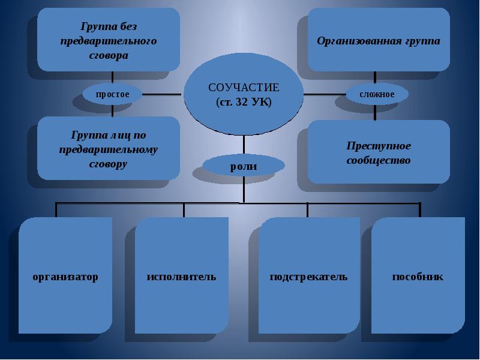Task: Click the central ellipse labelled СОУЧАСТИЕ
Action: [244, 96]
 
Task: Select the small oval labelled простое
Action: [112, 94]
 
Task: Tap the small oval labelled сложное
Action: [377, 94]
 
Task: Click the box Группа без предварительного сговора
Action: [109, 41]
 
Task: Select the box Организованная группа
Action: [378, 41]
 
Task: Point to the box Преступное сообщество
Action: [378, 153]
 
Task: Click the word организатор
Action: [65, 277]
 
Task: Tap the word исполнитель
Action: [182, 277]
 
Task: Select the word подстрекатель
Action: [309, 277]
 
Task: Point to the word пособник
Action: [418, 277]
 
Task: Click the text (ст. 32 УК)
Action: [244, 103]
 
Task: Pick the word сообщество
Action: [378, 161]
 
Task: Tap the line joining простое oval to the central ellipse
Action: [162, 94]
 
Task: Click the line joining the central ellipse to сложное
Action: [325, 94]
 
